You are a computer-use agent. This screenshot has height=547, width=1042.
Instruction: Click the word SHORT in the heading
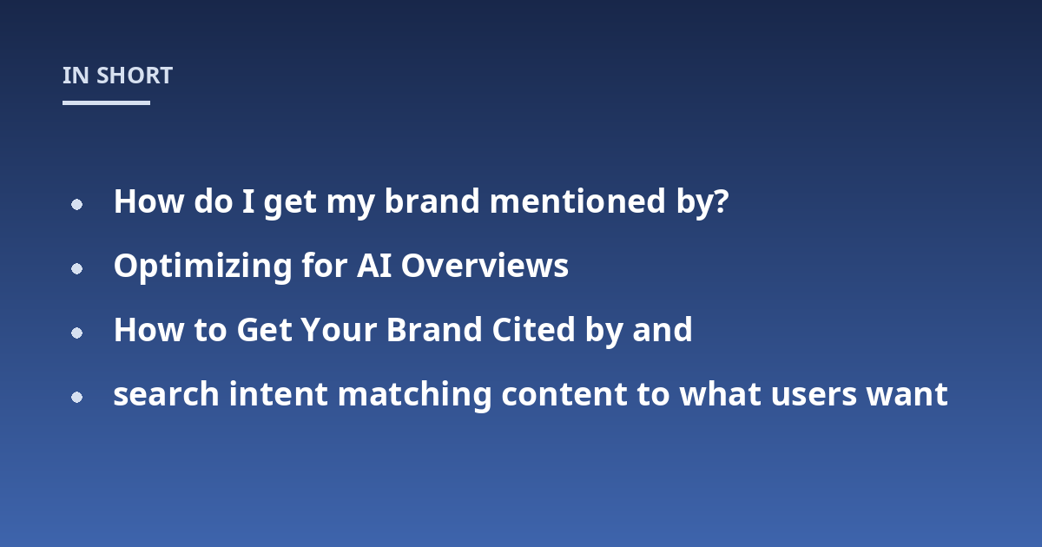135,76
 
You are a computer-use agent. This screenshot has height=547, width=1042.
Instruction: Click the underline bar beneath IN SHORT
106,102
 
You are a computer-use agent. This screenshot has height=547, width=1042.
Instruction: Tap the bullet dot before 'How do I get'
76,204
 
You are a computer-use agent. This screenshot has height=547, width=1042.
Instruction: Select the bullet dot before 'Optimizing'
76,268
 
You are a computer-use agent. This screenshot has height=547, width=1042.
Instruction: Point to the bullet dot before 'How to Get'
76,333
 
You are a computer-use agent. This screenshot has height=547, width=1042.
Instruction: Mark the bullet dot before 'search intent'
76,398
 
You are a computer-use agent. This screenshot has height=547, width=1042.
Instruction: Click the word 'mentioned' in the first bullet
577,201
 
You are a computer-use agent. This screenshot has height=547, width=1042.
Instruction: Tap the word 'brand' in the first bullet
432,201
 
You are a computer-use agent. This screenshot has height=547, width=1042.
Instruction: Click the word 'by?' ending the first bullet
702,203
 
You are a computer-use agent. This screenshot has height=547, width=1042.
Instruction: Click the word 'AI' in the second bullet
374,266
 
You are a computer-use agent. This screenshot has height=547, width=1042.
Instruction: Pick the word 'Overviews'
485,266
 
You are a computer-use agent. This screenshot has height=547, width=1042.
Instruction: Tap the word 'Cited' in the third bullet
533,330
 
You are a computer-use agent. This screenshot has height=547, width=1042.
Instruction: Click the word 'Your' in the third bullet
338,330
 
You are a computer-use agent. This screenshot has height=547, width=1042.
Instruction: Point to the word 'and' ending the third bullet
662,330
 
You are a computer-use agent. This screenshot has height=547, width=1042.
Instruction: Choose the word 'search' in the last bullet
166,394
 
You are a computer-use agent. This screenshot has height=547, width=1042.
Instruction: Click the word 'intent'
278,394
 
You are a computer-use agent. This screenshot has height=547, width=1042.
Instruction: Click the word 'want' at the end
907,395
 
